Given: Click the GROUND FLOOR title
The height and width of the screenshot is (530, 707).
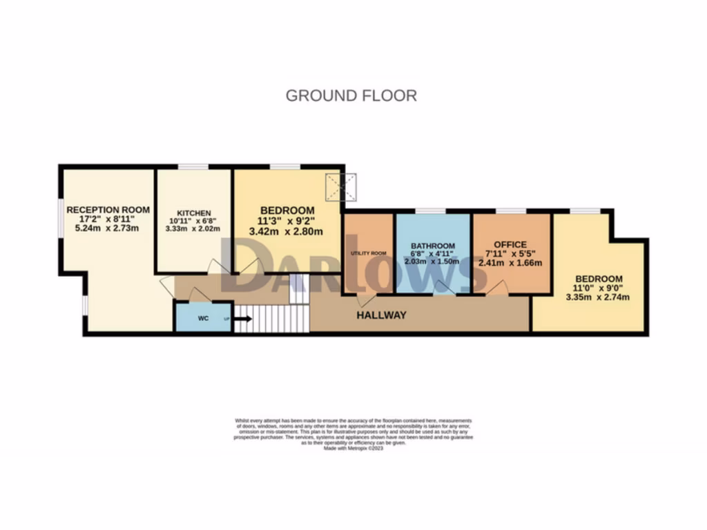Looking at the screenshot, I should [351, 95].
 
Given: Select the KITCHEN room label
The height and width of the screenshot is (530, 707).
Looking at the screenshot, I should [194, 213].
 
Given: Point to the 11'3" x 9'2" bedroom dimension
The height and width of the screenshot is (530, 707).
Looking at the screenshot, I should [287, 222].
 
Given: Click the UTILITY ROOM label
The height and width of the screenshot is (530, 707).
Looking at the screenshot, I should [369, 253].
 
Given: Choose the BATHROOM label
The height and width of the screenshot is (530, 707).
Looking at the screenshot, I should [433, 246].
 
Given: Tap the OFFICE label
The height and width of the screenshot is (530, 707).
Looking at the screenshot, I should [510, 244].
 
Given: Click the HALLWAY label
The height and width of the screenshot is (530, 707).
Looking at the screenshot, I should [381, 315].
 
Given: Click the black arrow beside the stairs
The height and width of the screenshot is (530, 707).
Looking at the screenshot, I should [242, 319].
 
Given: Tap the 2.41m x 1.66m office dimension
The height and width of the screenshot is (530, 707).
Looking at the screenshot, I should [510, 263].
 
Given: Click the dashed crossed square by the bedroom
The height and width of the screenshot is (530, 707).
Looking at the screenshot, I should [341, 187].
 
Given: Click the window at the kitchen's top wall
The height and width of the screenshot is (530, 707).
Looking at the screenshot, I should [193, 166].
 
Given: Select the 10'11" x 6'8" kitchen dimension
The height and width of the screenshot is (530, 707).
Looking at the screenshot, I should [194, 222].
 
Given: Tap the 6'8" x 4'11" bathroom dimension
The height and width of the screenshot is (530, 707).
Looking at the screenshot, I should [433, 254].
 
